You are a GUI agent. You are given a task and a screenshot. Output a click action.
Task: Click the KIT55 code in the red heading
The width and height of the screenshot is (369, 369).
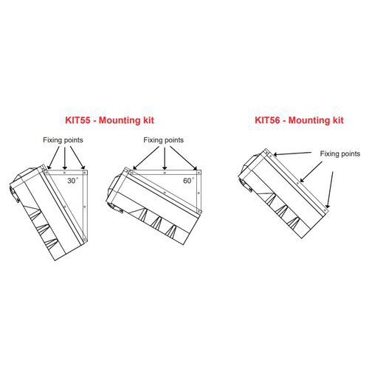(77, 120)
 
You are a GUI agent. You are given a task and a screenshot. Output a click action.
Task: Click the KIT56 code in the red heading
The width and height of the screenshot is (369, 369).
(267, 120)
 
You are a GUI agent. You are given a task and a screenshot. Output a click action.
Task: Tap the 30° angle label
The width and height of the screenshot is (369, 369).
(73, 180)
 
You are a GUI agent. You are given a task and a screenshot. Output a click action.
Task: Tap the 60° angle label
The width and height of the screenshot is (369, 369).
(188, 180)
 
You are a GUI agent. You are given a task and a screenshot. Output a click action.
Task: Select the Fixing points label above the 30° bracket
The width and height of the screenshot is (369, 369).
(63, 140)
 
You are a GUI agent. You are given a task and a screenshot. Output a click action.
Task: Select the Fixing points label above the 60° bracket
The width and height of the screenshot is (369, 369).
(164, 140)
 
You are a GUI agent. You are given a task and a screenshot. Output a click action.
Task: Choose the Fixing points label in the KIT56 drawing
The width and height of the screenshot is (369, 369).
(340, 154)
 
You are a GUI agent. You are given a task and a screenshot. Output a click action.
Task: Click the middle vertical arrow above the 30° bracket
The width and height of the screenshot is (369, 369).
(65, 158)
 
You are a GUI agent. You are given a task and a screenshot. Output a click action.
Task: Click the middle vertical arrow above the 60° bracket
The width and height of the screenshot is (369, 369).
(165, 158)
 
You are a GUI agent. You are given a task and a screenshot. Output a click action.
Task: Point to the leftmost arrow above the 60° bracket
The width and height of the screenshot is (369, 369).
(146, 158)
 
